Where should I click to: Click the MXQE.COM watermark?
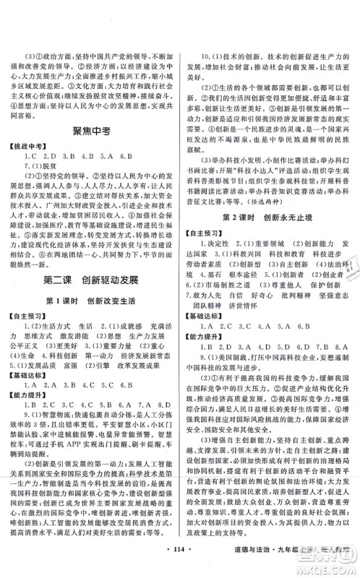(329, 565)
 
